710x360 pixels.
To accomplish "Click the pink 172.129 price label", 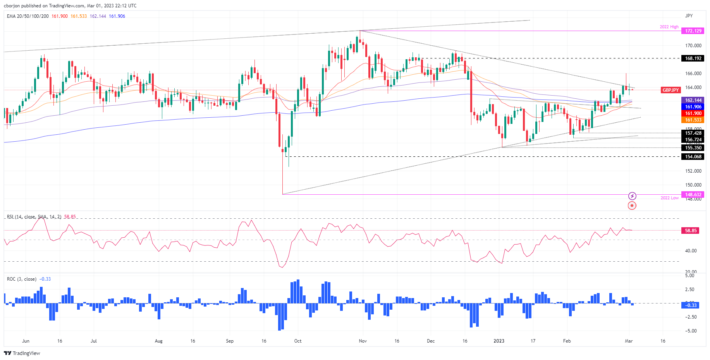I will click(693, 31).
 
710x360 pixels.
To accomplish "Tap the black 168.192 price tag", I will click(693, 58).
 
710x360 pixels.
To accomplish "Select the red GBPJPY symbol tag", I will click(670, 90).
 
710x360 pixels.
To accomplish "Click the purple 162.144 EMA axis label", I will click(693, 100).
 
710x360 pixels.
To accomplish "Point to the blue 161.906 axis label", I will click(693, 107).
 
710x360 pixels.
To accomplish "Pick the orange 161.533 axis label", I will click(693, 120).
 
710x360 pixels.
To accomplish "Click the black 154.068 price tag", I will click(693, 157).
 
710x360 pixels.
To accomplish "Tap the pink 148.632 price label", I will click(693, 195).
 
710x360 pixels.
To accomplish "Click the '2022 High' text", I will click(669, 27).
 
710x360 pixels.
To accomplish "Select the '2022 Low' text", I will click(669, 198).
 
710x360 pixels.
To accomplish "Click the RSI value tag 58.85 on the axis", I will click(691, 231).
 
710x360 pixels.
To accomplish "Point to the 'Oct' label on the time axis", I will click(297, 341).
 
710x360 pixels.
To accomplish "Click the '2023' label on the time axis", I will click(499, 341).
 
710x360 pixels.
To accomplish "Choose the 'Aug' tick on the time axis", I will click(158, 341).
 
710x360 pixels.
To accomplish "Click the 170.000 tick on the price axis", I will click(693, 46).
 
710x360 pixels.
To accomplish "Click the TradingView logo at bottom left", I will click(22, 353).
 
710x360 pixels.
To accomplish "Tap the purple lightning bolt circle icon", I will click(632, 196).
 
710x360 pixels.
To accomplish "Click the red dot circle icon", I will click(632, 206).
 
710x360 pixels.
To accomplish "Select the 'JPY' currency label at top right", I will click(689, 16).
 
